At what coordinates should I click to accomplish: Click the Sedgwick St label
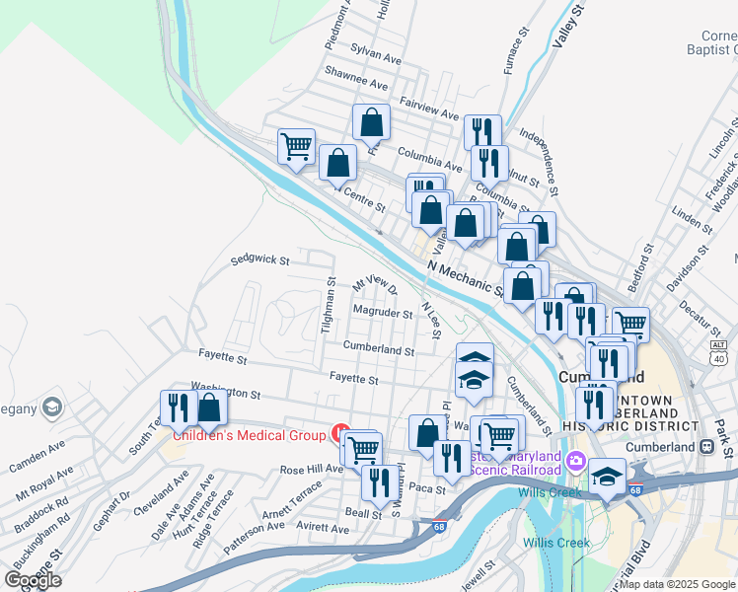(259, 261)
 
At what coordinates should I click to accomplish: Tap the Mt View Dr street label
(374, 284)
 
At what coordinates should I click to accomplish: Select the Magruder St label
(382, 314)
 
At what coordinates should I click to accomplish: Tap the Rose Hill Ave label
(310, 470)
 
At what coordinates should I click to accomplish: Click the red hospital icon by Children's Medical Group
(341, 432)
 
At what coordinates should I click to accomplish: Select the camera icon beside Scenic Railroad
(576, 460)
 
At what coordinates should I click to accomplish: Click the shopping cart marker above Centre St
(296, 148)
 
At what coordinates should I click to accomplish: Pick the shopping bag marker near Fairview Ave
(372, 123)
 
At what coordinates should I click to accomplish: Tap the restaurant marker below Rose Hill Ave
(376, 482)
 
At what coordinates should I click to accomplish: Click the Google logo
(33, 580)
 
